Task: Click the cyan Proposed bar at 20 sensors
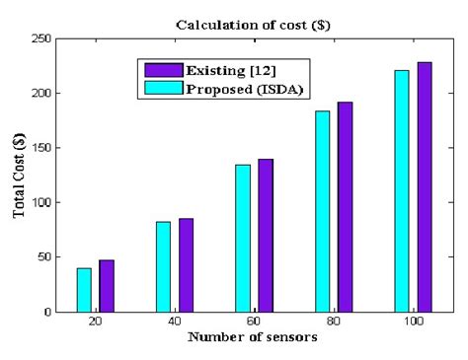[84, 290]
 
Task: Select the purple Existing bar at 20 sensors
[107, 286]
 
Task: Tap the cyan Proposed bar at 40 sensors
[163, 266]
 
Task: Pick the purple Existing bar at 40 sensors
[186, 264]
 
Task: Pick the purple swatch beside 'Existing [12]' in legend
[159, 70]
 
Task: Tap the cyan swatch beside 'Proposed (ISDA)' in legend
[159, 87]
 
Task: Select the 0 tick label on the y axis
[48, 312]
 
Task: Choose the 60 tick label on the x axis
[255, 323]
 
